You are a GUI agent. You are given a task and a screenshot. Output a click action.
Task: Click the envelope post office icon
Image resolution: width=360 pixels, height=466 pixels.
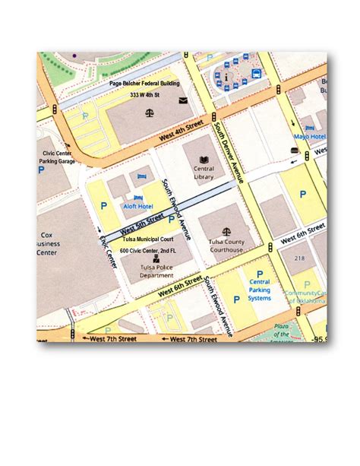[x=183, y=100]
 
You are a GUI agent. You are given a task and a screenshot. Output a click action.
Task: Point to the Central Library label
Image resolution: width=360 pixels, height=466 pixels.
[x=204, y=173]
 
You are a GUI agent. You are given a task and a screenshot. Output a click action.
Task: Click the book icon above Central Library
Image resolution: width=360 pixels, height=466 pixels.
[x=204, y=158]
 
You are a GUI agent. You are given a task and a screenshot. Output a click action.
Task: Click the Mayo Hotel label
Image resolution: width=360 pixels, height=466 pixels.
[x=310, y=137]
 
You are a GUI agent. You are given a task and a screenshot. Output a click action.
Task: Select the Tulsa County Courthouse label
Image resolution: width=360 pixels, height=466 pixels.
[x=226, y=246]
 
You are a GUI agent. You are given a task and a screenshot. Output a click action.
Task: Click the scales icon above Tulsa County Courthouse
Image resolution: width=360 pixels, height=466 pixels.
[x=226, y=230]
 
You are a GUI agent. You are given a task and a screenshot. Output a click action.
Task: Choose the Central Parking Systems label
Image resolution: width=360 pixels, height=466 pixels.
[x=260, y=290]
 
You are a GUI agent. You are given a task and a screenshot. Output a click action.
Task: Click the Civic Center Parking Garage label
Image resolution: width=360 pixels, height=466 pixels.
[x=58, y=157]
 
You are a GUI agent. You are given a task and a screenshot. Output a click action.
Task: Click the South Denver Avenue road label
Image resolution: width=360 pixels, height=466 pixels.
[x=229, y=152]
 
